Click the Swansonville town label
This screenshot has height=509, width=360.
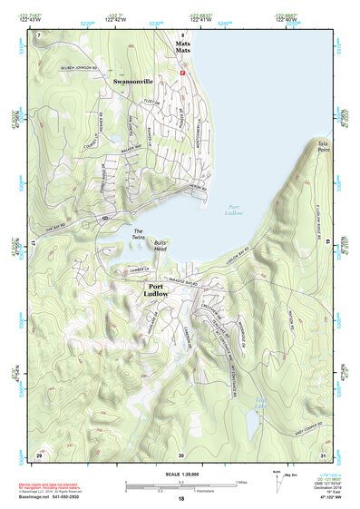pos(132,82)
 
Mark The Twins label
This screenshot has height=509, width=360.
pos(139,234)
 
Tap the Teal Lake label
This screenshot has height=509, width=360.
pos(260,400)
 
